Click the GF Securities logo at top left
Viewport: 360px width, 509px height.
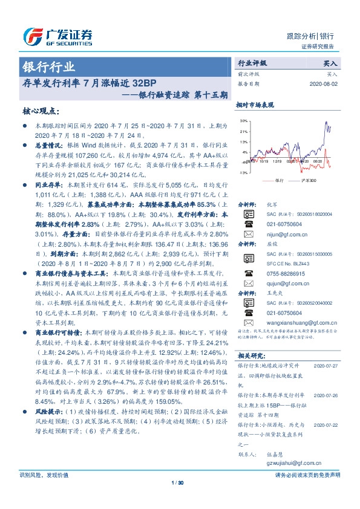[x=57, y=37]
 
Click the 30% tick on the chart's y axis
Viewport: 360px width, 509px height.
[x=244, y=121]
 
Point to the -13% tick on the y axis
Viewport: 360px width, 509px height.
[x=243, y=173]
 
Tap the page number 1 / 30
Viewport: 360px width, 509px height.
[x=180, y=500]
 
